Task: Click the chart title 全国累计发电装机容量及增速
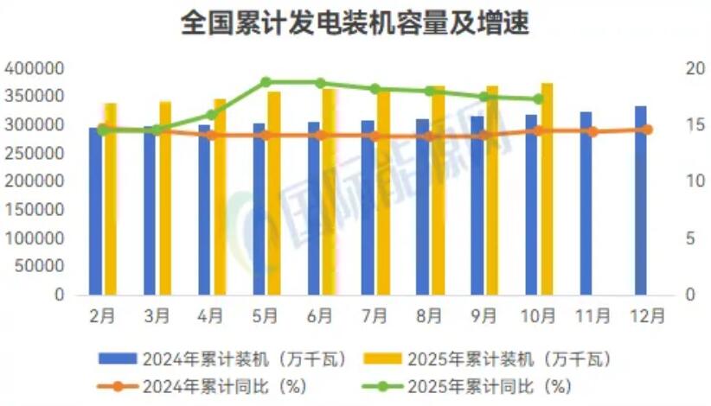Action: [355, 23]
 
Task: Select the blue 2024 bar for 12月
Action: [640, 207]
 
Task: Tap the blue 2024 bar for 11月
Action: [586, 207]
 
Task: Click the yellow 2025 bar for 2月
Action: [110, 199]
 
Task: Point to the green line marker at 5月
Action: [266, 82]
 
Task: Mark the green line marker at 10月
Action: [538, 98]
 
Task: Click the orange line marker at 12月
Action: [648, 130]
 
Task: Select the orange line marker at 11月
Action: [592, 131]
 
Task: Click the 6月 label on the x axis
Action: [321, 316]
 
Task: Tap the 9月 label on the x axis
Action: [484, 316]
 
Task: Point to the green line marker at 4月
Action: [212, 115]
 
